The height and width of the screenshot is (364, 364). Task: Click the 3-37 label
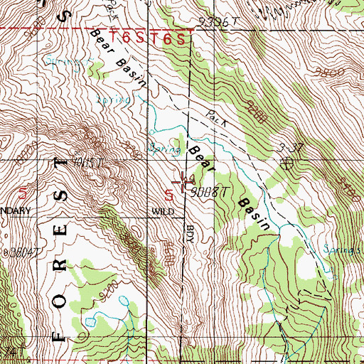click(288, 147)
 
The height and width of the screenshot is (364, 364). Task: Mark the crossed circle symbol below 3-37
click(288, 163)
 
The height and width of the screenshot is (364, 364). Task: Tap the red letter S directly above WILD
click(169, 193)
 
